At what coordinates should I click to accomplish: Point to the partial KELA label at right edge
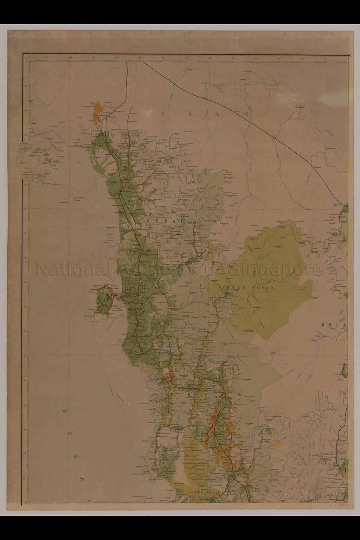pyautogui.click(x=334, y=325)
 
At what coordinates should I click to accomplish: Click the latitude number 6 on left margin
pyautogui.click(x=26, y=208)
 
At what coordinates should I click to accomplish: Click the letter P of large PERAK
pyautogui.click(x=173, y=395)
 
